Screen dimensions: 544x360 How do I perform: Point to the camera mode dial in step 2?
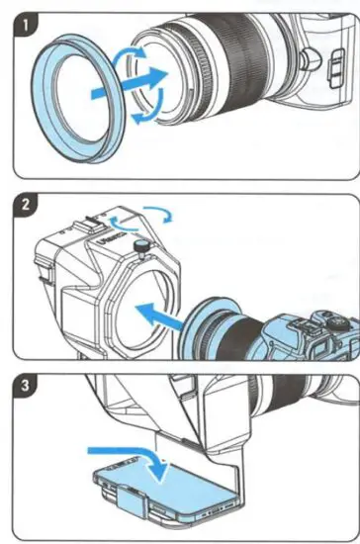tap(330, 320)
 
